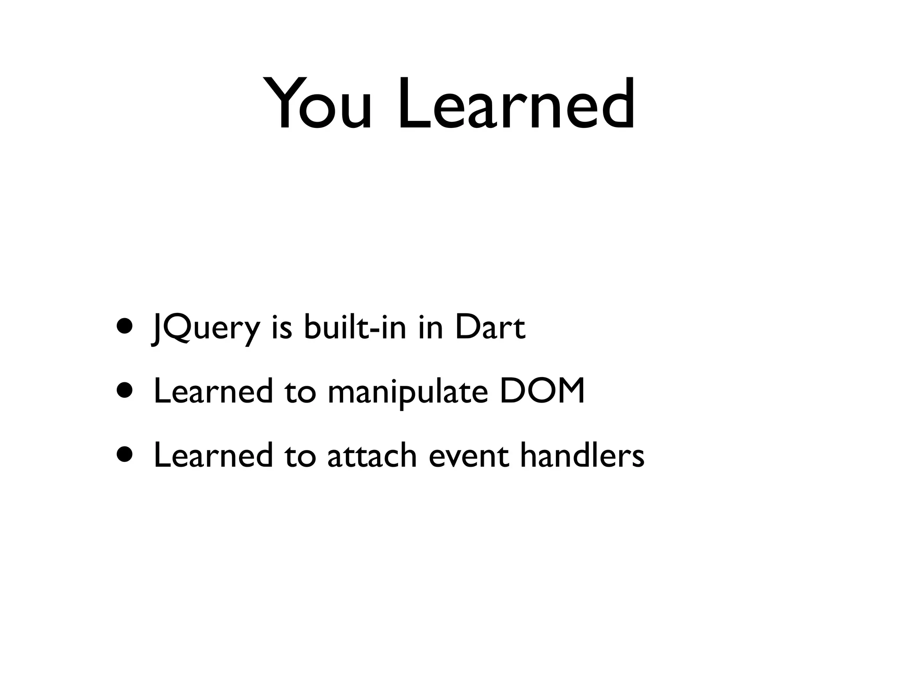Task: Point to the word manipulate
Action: pyautogui.click(x=407, y=392)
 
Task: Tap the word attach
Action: pyautogui.click(x=372, y=455)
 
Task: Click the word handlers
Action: pyautogui.click(x=582, y=455)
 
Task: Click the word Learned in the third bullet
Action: pyautogui.click(x=213, y=455)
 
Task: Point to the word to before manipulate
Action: pyautogui.click(x=300, y=392)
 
